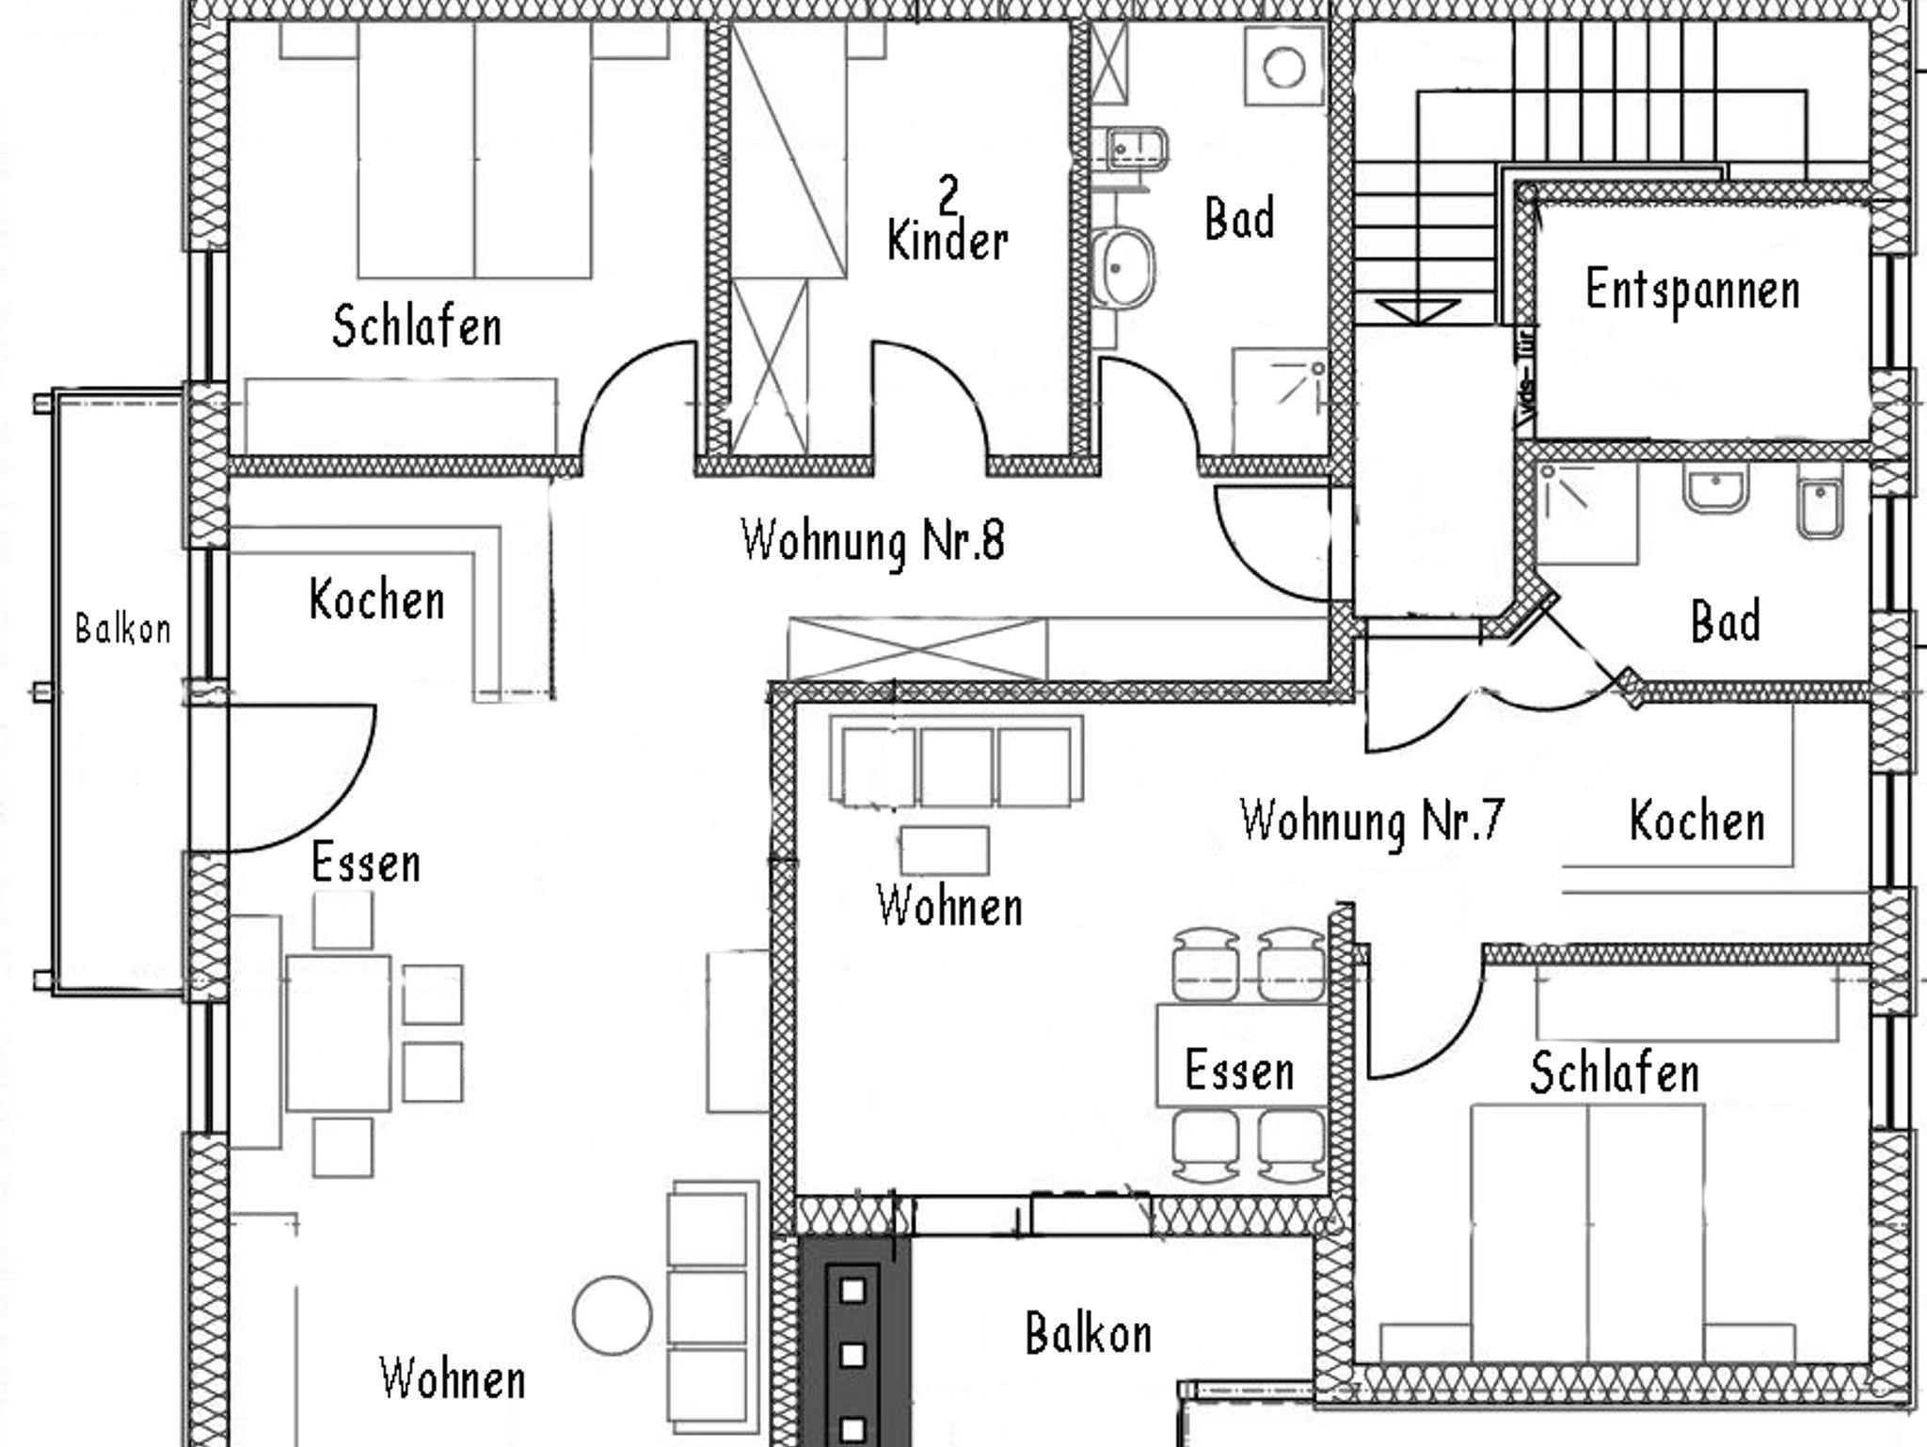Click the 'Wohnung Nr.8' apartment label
tap(873, 541)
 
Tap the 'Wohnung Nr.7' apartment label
tap(1372, 819)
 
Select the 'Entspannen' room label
tap(1693, 291)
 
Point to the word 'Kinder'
tap(948, 241)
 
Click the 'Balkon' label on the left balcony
tap(123, 628)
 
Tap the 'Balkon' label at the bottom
tap(1089, 1333)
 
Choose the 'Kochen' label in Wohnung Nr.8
tap(376, 599)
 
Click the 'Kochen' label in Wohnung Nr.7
tap(1697, 820)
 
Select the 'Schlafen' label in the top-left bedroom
tap(417, 326)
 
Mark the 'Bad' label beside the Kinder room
tap(1240, 218)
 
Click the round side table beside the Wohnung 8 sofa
tap(613, 1315)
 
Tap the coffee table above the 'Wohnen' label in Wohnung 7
tap(945, 851)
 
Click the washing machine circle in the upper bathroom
tap(1283, 68)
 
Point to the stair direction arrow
tap(1419, 310)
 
